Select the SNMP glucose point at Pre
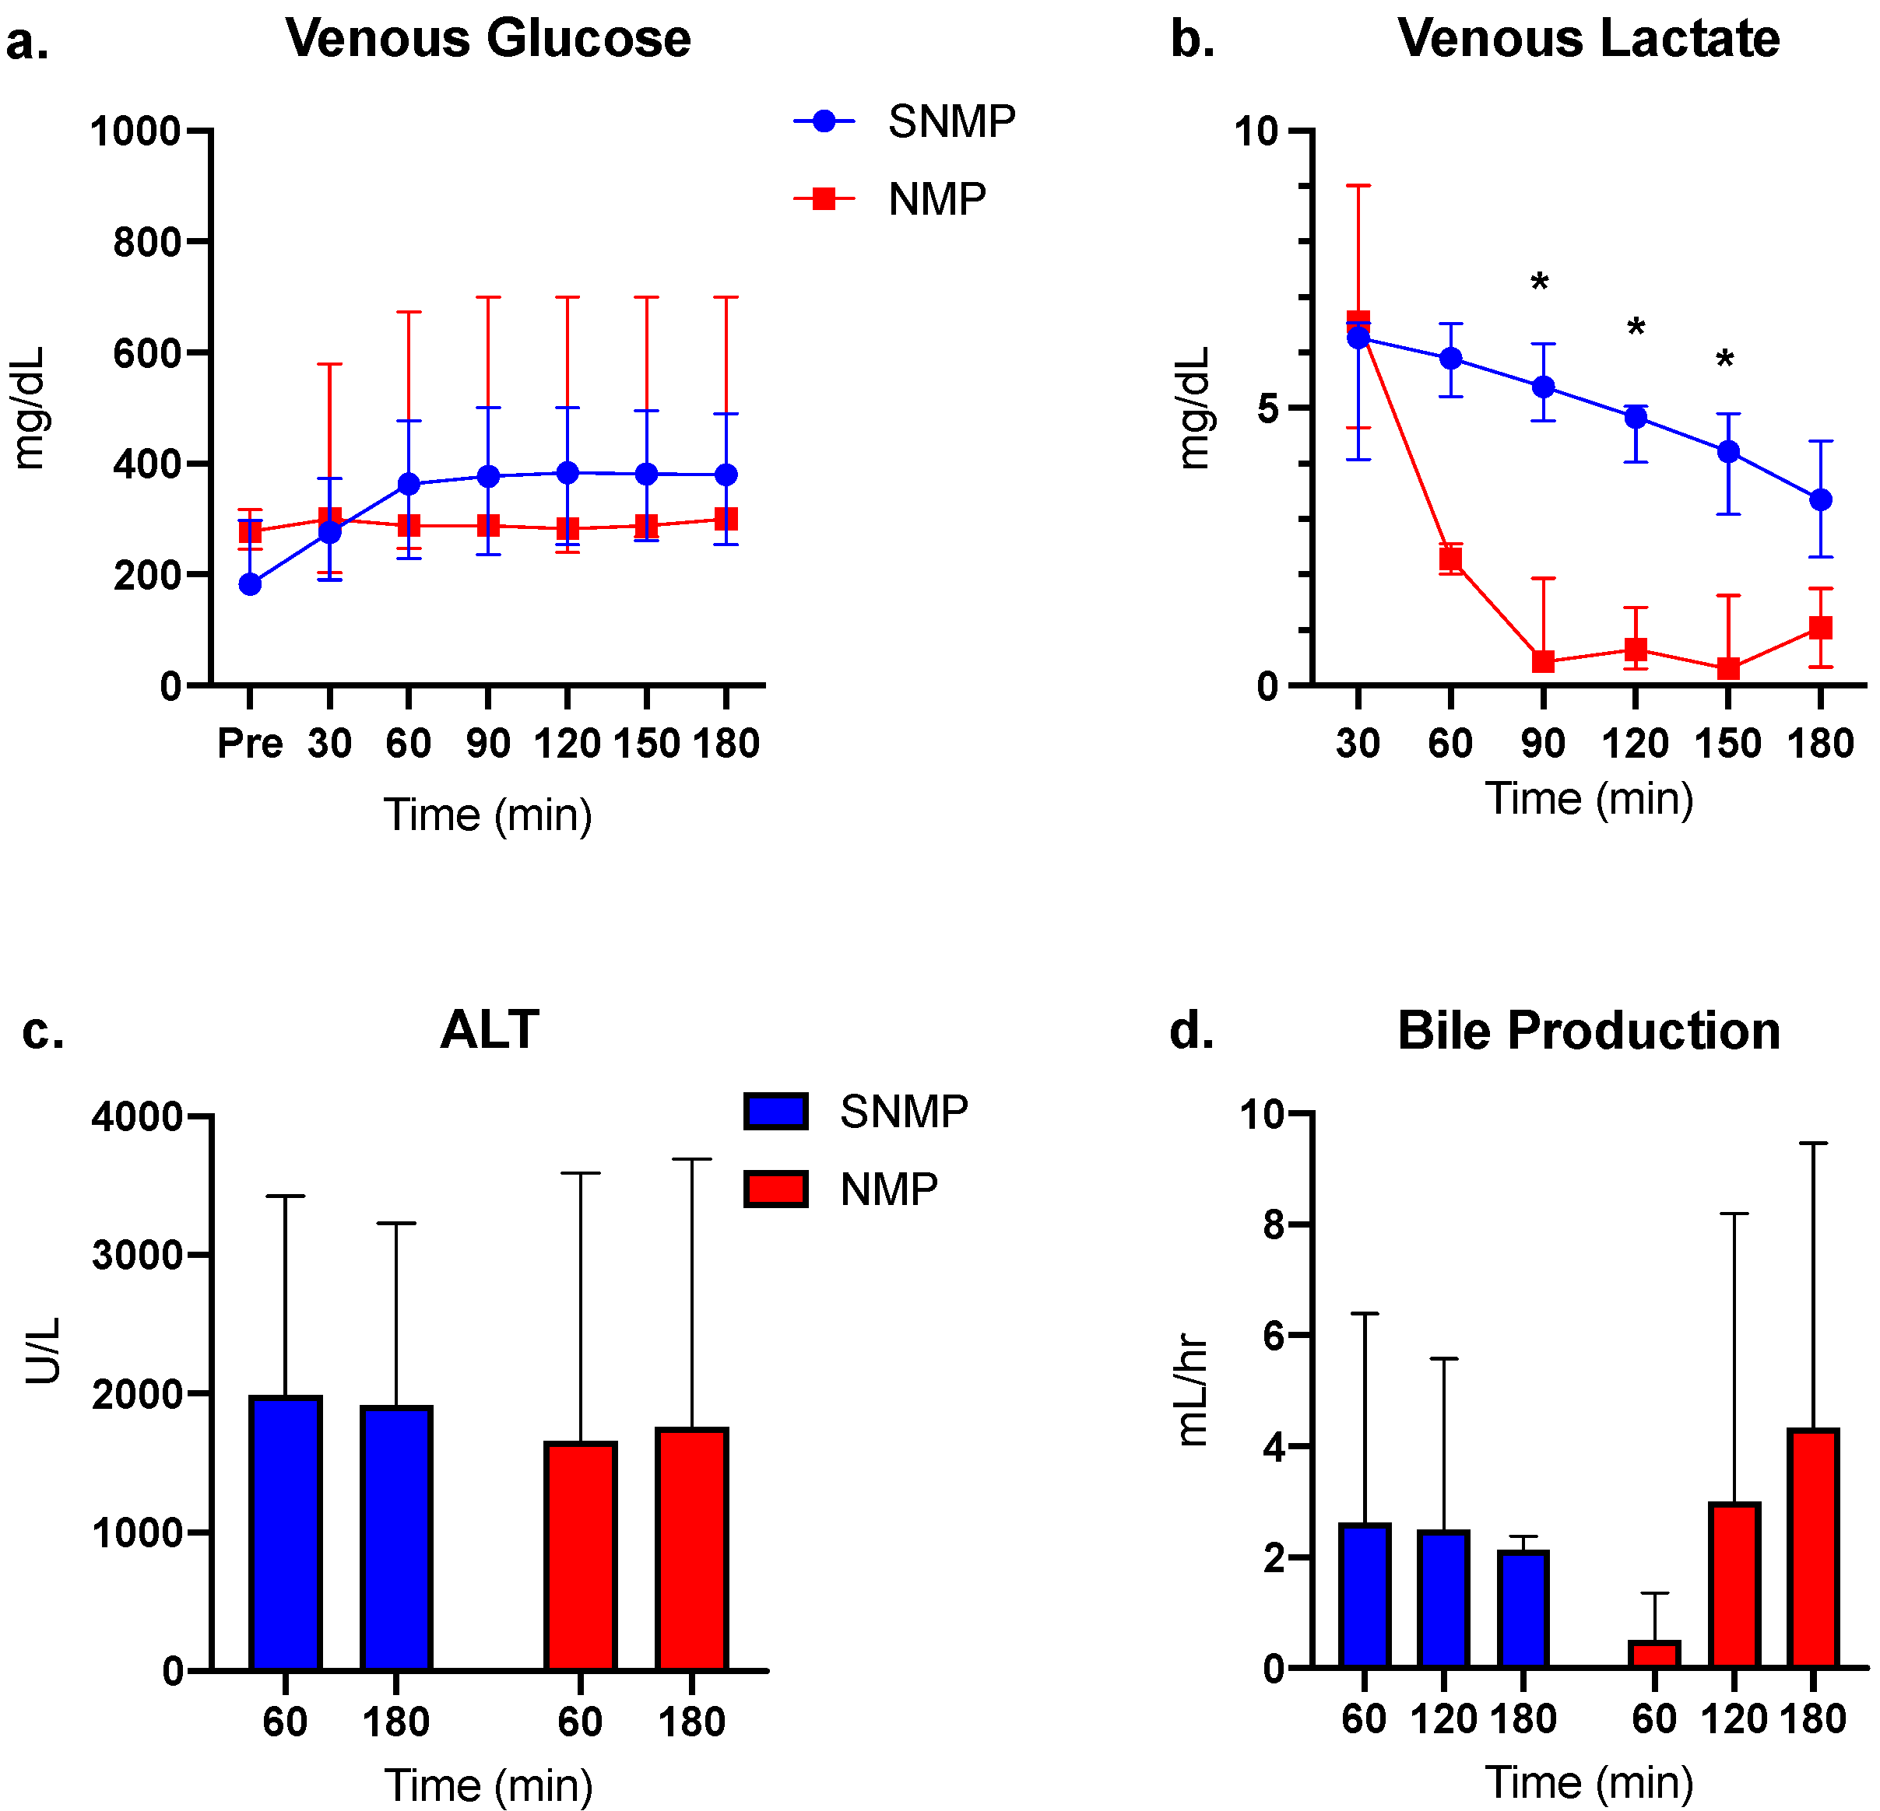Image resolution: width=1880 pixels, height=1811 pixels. point(251,584)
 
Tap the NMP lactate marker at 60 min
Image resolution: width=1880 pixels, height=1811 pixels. point(1450,559)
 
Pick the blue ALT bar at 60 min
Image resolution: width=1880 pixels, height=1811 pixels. point(285,1534)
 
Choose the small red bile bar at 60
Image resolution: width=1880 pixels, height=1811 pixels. point(1654,1655)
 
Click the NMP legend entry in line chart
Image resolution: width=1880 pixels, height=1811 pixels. point(892,199)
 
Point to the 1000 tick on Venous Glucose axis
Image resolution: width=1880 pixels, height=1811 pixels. point(135,131)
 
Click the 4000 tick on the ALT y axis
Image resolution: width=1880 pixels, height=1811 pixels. point(137,1117)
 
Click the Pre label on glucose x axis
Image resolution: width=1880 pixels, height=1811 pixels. point(251,743)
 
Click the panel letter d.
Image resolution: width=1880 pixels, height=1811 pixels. point(1191,1031)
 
